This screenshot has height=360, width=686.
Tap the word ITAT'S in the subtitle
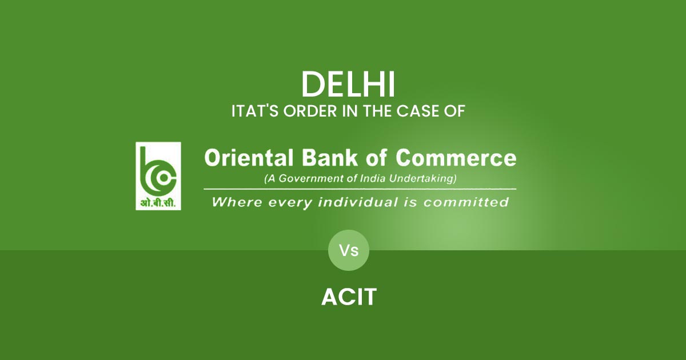[250, 111]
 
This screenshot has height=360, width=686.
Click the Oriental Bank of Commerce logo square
[158, 175]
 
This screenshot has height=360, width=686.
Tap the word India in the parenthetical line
[375, 179]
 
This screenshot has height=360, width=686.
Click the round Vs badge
[349, 250]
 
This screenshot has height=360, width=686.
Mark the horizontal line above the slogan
[360, 189]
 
